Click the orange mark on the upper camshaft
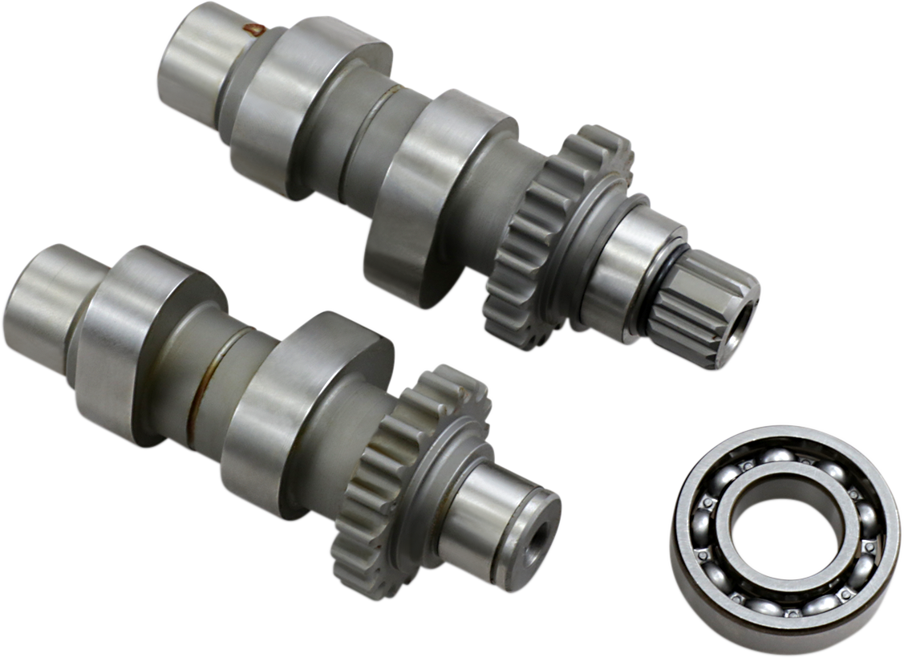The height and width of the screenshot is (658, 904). point(256,30)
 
